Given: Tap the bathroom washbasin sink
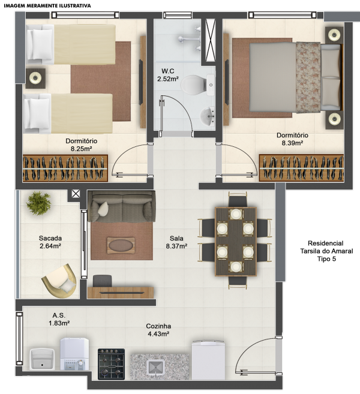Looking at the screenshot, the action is tap(208, 116).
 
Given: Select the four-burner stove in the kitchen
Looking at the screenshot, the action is tap(111, 364).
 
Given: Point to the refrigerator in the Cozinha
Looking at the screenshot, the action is tap(208, 360).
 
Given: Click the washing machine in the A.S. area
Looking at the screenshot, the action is tap(74, 354).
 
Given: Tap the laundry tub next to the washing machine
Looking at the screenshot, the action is tap(42, 359).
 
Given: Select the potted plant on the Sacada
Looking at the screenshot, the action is tap(38, 203).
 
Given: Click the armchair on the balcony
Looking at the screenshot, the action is tap(59, 281).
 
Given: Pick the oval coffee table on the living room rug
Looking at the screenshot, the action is tap(121, 245).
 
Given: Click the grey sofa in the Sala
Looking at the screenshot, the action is tap(121, 206).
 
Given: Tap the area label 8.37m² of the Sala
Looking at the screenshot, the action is tap(176, 246).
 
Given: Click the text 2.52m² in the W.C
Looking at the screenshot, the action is tap(168, 79).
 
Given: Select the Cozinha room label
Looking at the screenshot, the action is tap(158, 326).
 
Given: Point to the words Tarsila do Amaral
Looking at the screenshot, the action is tap(326, 251).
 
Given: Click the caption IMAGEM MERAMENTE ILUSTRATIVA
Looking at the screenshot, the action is tap(47, 5).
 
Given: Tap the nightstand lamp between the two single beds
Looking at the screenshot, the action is tap(35, 77).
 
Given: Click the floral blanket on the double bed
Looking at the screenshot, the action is tap(308, 77).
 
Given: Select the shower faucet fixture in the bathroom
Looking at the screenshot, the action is tap(190, 39).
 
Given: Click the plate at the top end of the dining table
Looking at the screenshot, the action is tap(236, 214).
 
